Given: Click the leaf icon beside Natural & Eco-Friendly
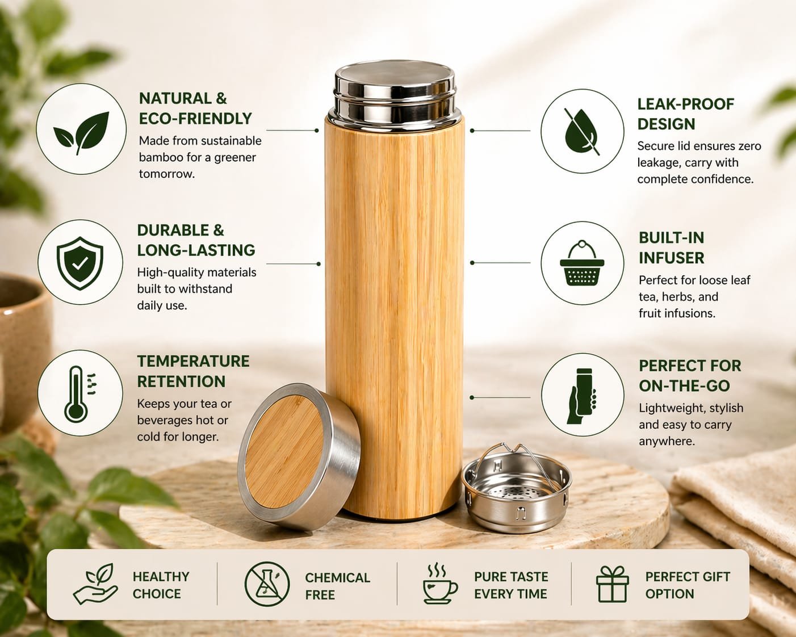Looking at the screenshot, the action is tap(82, 132).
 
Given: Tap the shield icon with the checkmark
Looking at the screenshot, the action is tap(80, 263).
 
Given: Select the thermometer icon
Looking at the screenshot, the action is tap(78, 395).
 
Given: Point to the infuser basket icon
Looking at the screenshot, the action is tap(582, 263).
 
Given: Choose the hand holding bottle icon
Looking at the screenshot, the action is tap(582, 396).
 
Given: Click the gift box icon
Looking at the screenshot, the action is tap(612, 584).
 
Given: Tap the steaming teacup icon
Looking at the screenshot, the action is tap(440, 584).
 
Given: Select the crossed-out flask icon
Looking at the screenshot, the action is tap(267, 584).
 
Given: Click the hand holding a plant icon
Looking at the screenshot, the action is tap(95, 584).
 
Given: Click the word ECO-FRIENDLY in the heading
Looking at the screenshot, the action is tap(195, 119).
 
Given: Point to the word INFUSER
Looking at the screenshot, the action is tap(671, 258).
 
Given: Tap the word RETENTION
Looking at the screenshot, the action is tap(181, 382).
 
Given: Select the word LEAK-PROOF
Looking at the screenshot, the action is tap(685, 104).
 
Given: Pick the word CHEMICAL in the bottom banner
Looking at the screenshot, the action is tap(337, 578).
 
